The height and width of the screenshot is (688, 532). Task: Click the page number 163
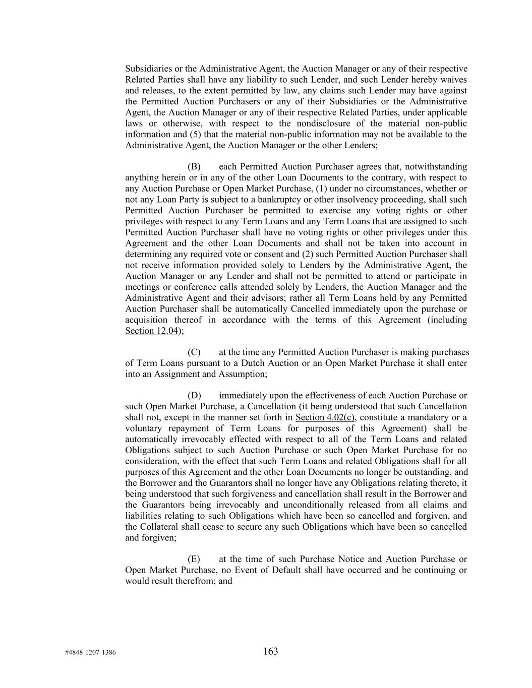(270, 651)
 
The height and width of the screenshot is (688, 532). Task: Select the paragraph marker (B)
(194, 167)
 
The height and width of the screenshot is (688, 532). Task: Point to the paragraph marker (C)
(194, 352)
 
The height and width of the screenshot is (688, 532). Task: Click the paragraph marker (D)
(194, 396)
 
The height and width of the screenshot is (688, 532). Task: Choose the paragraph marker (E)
(194, 559)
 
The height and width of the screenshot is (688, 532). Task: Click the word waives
(453, 80)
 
